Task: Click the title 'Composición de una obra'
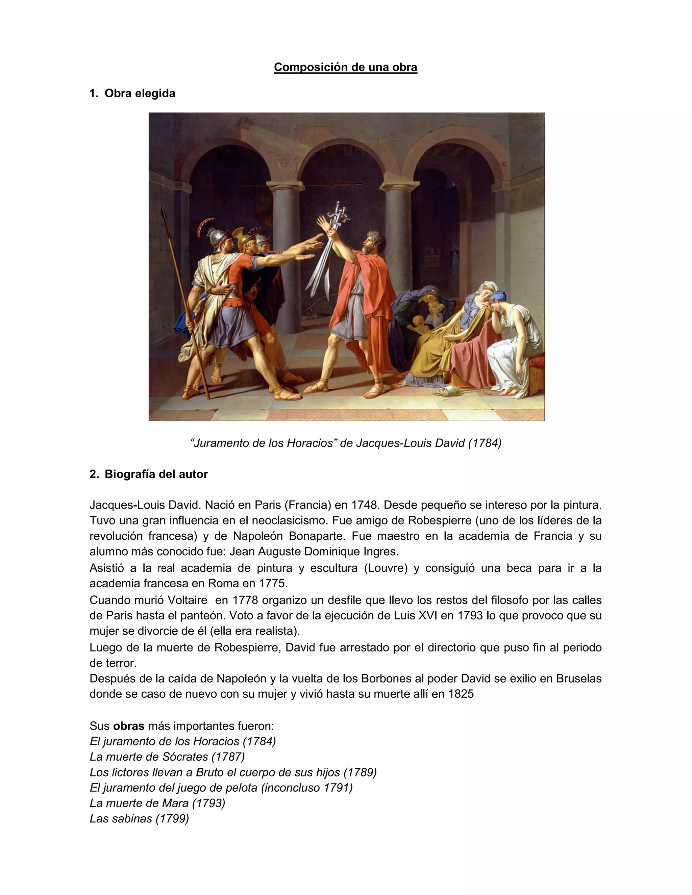345,67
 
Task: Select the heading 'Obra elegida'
140,94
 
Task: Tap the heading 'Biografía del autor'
156,474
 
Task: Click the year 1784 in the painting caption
485,443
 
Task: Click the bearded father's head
374,241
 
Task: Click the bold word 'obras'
129,726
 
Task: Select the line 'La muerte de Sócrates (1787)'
167,757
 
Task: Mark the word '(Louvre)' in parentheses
386,568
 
